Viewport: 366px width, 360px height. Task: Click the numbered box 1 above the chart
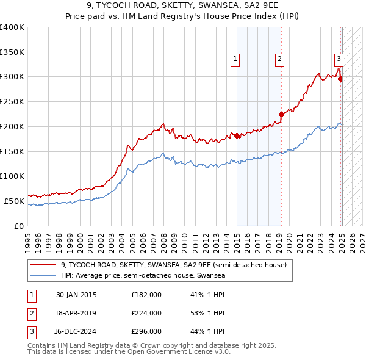click(x=235, y=59)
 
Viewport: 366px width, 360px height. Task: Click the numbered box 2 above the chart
click(x=279, y=59)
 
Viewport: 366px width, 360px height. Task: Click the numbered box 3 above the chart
click(x=339, y=59)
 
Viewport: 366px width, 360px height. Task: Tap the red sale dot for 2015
click(x=237, y=135)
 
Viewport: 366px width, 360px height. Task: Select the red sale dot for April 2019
click(x=281, y=114)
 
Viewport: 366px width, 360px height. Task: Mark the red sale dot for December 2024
click(x=340, y=79)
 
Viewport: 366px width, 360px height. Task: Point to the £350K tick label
click(x=12, y=52)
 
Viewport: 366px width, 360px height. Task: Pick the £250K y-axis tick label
click(x=12, y=101)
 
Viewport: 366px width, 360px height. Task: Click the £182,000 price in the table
click(x=146, y=295)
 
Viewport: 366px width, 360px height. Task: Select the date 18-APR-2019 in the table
click(x=76, y=313)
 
